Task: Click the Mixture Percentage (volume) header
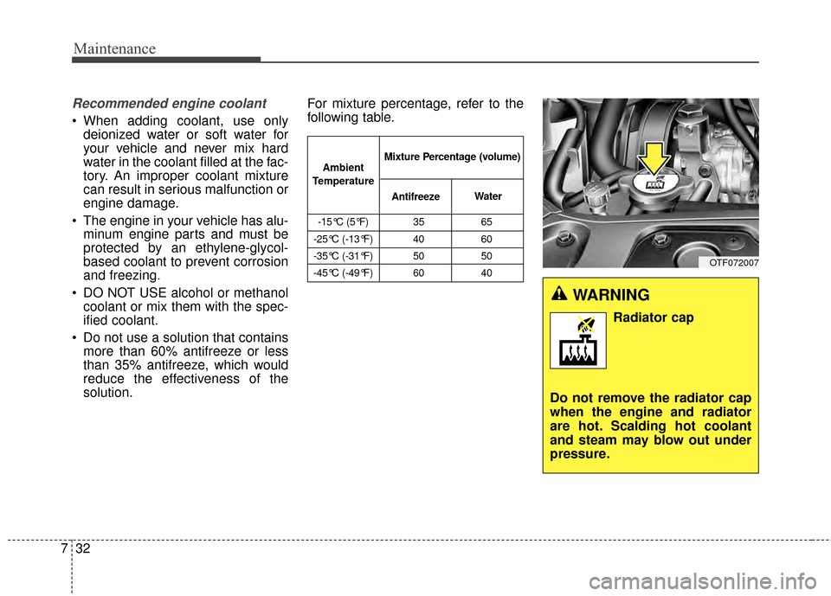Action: pos(452,157)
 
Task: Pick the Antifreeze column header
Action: pos(415,197)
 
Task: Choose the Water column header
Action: pos(487,196)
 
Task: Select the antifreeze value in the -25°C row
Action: pos(415,240)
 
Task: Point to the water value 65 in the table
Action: pos(487,222)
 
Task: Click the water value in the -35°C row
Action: pos(487,257)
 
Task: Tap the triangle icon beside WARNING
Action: pos(560,296)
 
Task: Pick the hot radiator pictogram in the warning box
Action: pos(578,341)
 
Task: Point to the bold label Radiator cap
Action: pos(653,317)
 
